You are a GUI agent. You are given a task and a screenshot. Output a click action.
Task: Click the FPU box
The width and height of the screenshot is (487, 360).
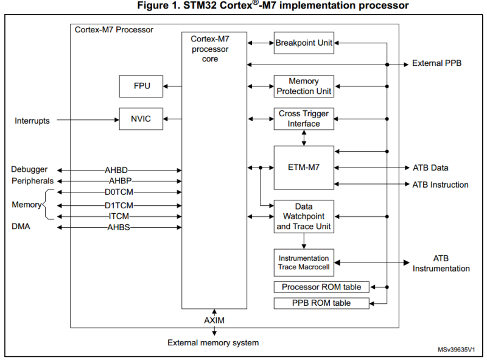point(141,86)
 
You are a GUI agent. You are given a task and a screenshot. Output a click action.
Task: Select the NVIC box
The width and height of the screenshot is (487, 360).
point(141,119)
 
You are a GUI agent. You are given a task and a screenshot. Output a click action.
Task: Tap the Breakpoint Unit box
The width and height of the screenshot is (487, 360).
point(304,43)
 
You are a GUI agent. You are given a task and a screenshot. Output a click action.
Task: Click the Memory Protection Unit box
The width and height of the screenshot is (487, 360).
point(304,86)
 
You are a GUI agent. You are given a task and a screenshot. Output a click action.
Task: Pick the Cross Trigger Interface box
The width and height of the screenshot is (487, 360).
point(304,119)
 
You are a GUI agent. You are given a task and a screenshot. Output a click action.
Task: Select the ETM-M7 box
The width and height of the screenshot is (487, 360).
point(304,167)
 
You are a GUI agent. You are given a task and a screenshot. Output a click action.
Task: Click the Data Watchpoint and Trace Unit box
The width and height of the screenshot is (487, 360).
point(304,216)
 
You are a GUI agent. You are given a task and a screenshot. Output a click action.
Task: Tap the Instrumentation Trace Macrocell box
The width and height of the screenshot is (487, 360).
point(304,263)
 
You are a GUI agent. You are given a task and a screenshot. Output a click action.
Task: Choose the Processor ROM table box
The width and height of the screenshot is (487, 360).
point(321,287)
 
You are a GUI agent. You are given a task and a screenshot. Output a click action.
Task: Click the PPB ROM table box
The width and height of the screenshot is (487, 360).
point(321,303)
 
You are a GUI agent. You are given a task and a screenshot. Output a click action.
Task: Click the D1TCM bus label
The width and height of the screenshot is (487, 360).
point(118,205)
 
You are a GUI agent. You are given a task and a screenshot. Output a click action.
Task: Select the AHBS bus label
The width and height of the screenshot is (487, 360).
point(118,227)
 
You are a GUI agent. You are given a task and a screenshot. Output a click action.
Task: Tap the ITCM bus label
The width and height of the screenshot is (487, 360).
point(118,216)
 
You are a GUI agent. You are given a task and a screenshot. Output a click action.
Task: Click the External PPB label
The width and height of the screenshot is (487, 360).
point(437,63)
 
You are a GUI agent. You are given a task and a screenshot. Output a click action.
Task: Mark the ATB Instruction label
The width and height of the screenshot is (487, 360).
point(440,185)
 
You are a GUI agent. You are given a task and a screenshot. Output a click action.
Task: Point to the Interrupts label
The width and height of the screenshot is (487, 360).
point(32,121)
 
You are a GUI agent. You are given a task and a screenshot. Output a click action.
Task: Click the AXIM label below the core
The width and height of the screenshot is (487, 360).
point(214,320)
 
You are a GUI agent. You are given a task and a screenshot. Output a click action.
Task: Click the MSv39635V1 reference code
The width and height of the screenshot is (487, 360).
point(456,350)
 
